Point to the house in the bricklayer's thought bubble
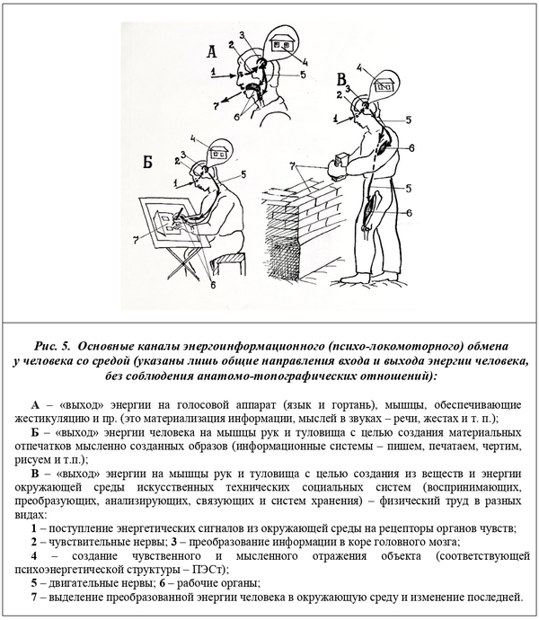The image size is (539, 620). point(387,84)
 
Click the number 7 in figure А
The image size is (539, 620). point(216,105)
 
